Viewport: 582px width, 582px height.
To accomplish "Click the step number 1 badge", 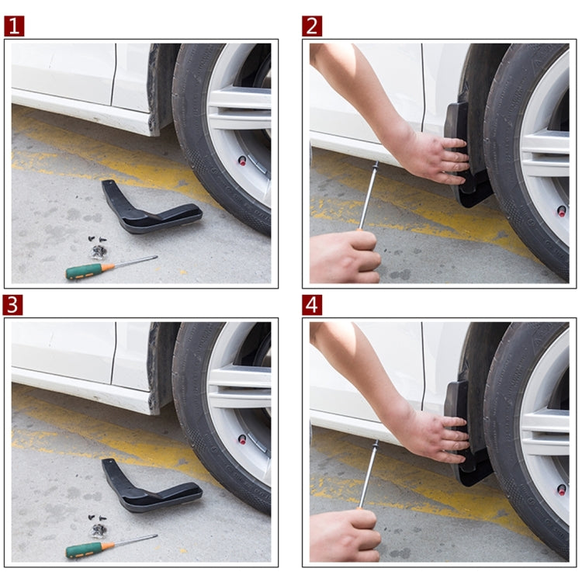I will (14, 26).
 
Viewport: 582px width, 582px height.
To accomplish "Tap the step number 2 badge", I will (312, 26).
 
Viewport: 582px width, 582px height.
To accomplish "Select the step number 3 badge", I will (14, 305).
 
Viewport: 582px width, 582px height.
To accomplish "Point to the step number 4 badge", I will (312, 305).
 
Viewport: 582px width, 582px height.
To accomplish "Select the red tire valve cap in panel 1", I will (242, 161).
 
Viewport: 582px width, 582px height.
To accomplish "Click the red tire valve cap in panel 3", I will (242, 439).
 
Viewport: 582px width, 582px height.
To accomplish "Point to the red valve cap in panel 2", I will (561, 210).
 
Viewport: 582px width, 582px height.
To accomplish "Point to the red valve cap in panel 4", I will (561, 490).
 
